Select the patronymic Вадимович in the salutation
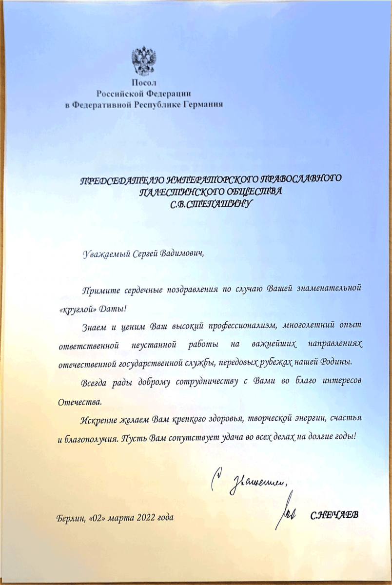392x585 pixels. (x=179, y=253)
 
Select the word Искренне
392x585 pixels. (x=96, y=419)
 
